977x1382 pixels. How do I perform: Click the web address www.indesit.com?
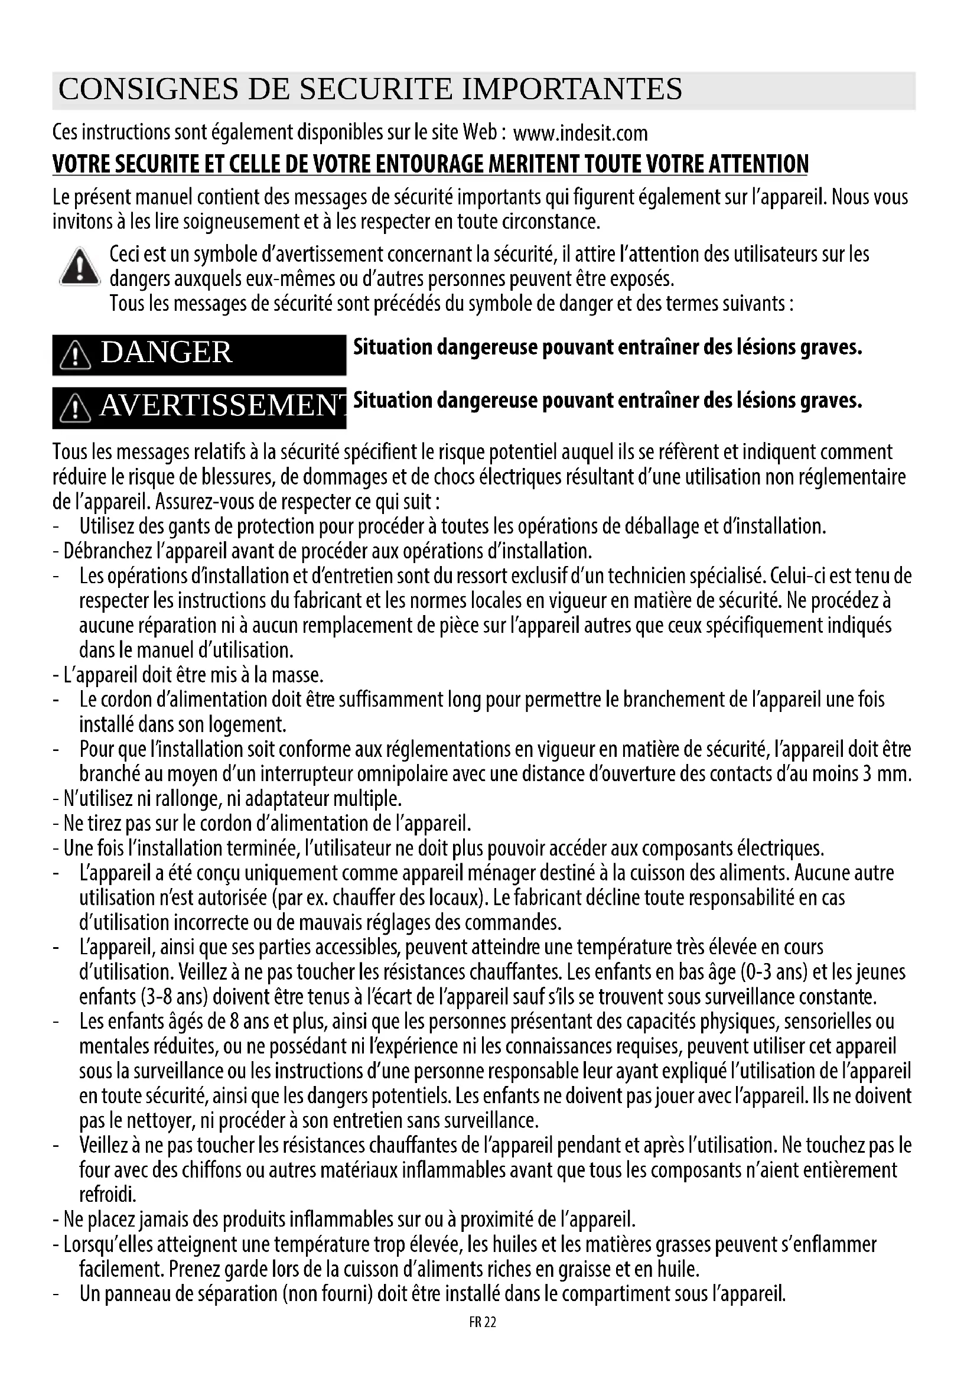(580, 132)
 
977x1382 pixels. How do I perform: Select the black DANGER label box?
(199, 354)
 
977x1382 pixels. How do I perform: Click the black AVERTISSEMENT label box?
(199, 407)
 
